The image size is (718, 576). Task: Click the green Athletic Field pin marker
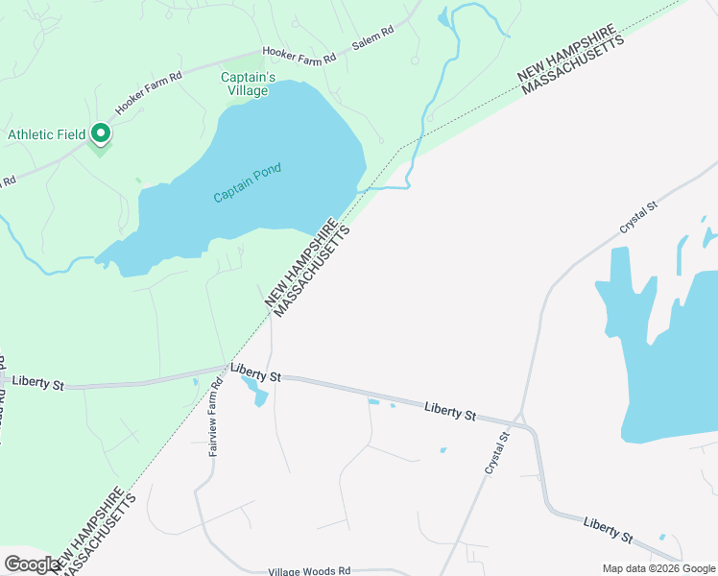coord(100,133)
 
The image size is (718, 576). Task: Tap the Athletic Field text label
coord(46,135)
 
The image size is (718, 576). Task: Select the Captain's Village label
coord(249,84)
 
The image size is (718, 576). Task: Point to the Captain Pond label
coord(248,183)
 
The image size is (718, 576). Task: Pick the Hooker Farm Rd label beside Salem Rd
coord(302,57)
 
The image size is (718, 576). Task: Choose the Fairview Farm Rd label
coord(216,417)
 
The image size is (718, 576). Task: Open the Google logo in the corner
coord(32,564)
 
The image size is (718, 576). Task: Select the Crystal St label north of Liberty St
coord(637,217)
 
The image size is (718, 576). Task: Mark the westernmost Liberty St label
coord(37,384)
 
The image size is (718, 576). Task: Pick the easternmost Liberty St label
coord(609,529)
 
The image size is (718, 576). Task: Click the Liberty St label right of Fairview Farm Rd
coord(255,373)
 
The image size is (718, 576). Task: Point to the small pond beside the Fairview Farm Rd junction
coord(255,390)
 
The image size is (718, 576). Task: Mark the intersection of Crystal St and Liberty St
coord(519,420)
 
